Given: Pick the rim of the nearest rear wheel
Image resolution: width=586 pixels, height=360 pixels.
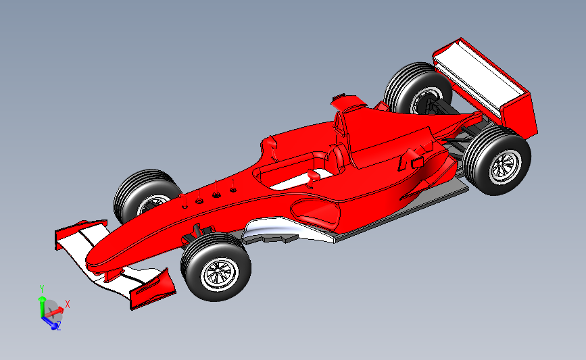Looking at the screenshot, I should pyautogui.click(x=504, y=166).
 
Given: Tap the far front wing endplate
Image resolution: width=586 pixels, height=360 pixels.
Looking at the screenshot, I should pyautogui.click(x=81, y=226).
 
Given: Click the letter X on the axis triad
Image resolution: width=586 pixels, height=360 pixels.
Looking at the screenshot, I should pyautogui.click(x=68, y=304).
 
